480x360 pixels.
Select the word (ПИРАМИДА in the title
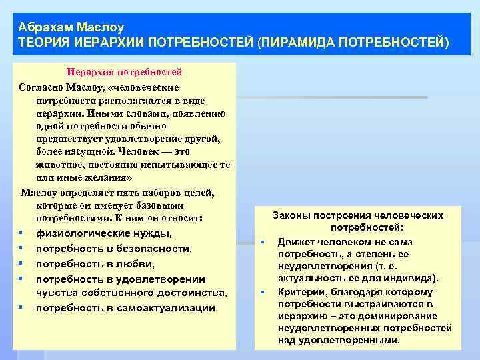tap(295, 43)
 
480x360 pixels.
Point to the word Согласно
tap(41, 87)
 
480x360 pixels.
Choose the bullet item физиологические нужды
tap(103, 233)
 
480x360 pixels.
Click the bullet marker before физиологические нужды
tap(22, 233)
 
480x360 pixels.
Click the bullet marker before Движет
tap(263, 241)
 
